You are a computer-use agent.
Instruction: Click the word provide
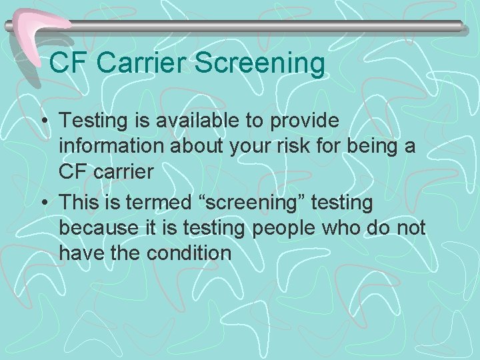pyautogui.click(x=307, y=121)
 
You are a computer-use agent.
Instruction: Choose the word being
pyautogui.click(x=374, y=146)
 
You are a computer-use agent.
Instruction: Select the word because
pyautogui.click(x=97, y=227)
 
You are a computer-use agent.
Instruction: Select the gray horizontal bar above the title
pyautogui.click(x=267, y=27)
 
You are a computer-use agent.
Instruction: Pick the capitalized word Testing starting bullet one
pyautogui.click(x=92, y=121)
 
